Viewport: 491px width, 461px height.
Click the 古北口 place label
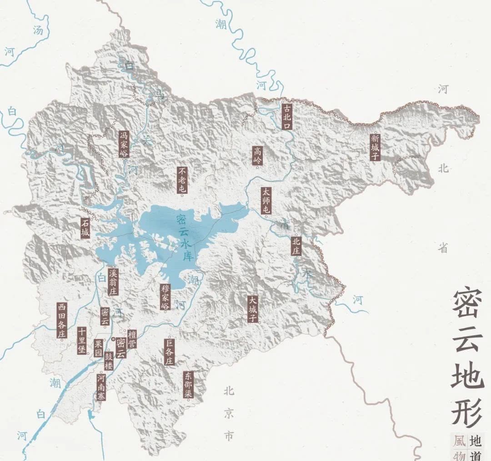pyautogui.click(x=286, y=116)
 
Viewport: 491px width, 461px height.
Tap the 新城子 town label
pyautogui.click(x=375, y=147)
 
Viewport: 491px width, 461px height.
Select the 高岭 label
pyautogui.click(x=258, y=155)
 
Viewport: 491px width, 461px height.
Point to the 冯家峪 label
pyautogui.click(x=124, y=144)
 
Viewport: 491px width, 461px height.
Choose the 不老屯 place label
pyautogui.click(x=182, y=180)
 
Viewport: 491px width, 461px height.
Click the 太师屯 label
pyautogui.click(x=266, y=200)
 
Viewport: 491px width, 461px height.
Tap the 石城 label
pyautogui.click(x=85, y=228)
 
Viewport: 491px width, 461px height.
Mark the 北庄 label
pyautogui.click(x=296, y=246)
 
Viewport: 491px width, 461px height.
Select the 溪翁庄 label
pyautogui.click(x=113, y=281)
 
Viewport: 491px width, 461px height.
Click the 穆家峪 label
pyautogui.click(x=165, y=297)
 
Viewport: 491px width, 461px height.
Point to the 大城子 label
pyautogui.click(x=253, y=309)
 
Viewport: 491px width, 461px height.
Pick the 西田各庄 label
pyautogui.click(x=62, y=320)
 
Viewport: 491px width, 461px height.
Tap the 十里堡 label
pyautogui.click(x=82, y=341)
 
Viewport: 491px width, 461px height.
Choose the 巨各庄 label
pyautogui.click(x=169, y=351)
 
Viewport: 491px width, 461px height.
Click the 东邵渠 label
pyautogui.click(x=189, y=384)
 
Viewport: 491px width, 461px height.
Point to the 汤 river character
pyautogui.click(x=39, y=31)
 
